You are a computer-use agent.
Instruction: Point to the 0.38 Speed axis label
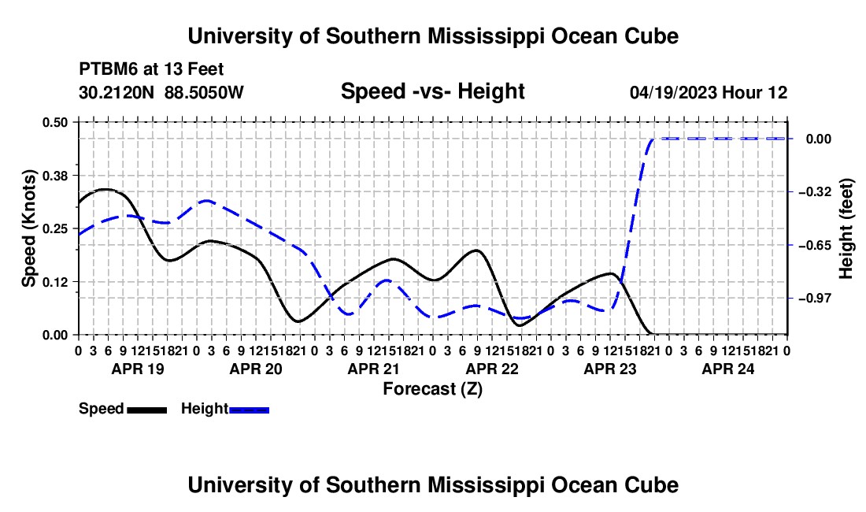coord(54,176)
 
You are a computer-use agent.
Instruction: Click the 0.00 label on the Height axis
coord(819,139)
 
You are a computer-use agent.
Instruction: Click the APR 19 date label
coord(138,369)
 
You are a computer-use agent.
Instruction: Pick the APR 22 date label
coord(492,369)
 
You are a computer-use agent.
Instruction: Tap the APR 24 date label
coord(728,369)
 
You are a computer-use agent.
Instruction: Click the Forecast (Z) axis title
coord(432,389)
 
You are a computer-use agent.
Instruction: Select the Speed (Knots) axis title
coord(28,228)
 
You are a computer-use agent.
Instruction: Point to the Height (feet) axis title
coord(846,228)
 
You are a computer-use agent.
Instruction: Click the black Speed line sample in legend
coord(147,410)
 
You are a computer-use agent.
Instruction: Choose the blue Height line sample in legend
coord(249,410)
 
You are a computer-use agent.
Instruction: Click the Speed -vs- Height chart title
coord(432,91)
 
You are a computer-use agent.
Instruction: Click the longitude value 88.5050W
coord(204,92)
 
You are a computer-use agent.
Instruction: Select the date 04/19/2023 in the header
coord(673,92)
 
